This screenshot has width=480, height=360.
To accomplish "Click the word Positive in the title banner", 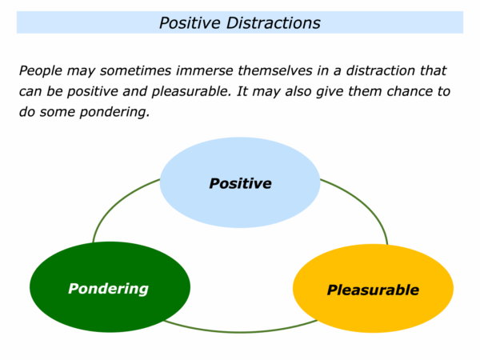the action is click(190, 23).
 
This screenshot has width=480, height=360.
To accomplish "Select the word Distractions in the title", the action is click(274, 23).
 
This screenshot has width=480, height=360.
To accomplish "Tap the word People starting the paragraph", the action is click(41, 71).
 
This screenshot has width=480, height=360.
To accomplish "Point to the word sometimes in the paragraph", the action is click(135, 70).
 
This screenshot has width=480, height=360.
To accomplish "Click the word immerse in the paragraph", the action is click(205, 70).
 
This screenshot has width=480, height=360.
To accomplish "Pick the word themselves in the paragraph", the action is click(275, 70).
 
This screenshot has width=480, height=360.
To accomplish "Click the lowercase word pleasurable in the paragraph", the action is click(191, 91).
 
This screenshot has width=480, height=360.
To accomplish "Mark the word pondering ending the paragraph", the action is click(114, 112).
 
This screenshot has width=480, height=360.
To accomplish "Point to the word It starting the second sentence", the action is click(242, 91).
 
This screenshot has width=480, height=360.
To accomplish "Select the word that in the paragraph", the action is click(433, 70).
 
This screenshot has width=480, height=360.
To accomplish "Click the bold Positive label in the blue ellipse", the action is click(240, 183).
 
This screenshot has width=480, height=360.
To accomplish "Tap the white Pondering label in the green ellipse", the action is click(108, 289).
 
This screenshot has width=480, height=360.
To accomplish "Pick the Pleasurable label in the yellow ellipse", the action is click(373, 290).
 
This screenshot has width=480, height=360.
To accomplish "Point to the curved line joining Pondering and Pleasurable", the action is click(240, 332).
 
